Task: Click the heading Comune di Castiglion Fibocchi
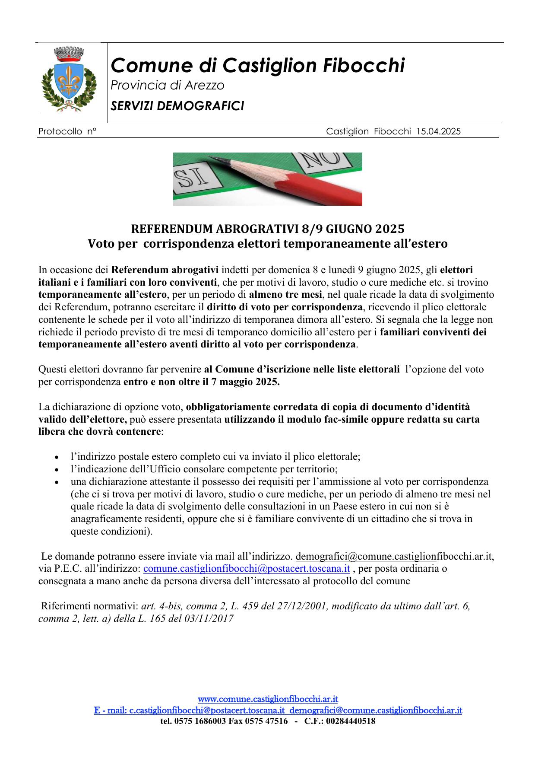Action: tap(258, 66)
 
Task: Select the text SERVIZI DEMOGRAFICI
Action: tap(177, 106)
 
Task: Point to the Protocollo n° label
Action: tap(67, 131)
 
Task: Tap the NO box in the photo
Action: tap(322, 161)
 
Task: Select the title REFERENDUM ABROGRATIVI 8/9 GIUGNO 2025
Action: tap(268, 228)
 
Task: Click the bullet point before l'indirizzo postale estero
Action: tap(57, 457)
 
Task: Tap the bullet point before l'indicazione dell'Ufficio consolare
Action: tap(57, 469)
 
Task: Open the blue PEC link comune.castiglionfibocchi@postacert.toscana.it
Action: tap(246, 568)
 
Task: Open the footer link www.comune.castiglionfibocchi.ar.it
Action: tap(268, 699)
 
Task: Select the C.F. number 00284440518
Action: tap(350, 721)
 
